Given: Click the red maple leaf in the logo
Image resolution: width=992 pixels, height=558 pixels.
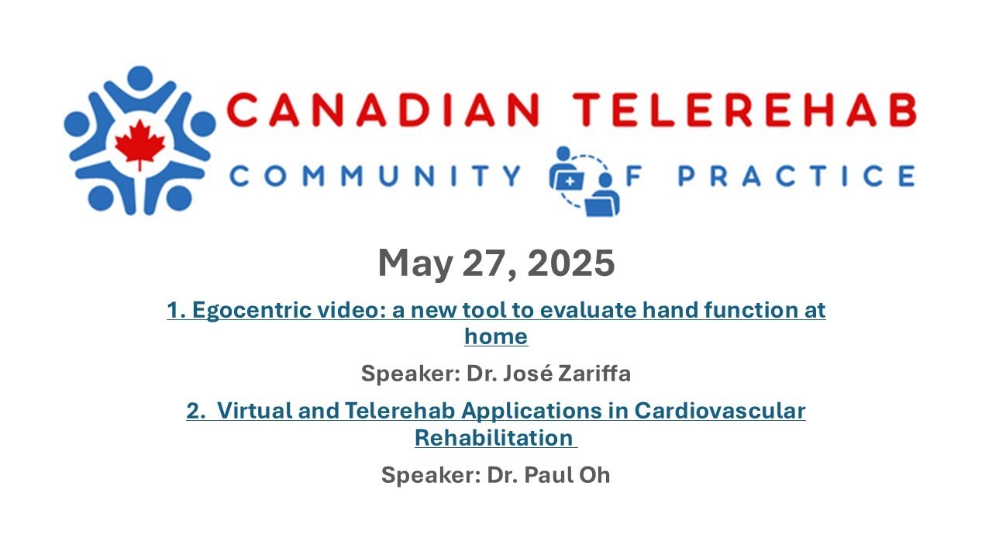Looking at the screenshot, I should pos(140,144).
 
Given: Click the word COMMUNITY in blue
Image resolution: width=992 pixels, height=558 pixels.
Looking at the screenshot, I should pos(376,176).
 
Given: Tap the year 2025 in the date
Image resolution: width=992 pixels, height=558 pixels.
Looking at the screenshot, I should pos(571,263).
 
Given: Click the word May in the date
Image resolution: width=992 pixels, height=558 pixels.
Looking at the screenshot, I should pos(415,263).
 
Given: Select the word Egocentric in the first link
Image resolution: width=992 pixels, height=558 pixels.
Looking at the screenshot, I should pos(248,311).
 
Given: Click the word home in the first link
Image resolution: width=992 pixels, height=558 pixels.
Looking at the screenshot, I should pos(496,336).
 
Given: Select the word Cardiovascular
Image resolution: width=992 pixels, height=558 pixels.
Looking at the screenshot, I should pos(720,411).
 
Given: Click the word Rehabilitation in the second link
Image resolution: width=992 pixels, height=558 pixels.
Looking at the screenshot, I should pos(494,438).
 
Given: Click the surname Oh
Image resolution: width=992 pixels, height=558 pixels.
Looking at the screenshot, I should pos(596,475).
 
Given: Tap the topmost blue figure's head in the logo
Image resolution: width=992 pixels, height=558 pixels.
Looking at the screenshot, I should pos(139,77).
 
